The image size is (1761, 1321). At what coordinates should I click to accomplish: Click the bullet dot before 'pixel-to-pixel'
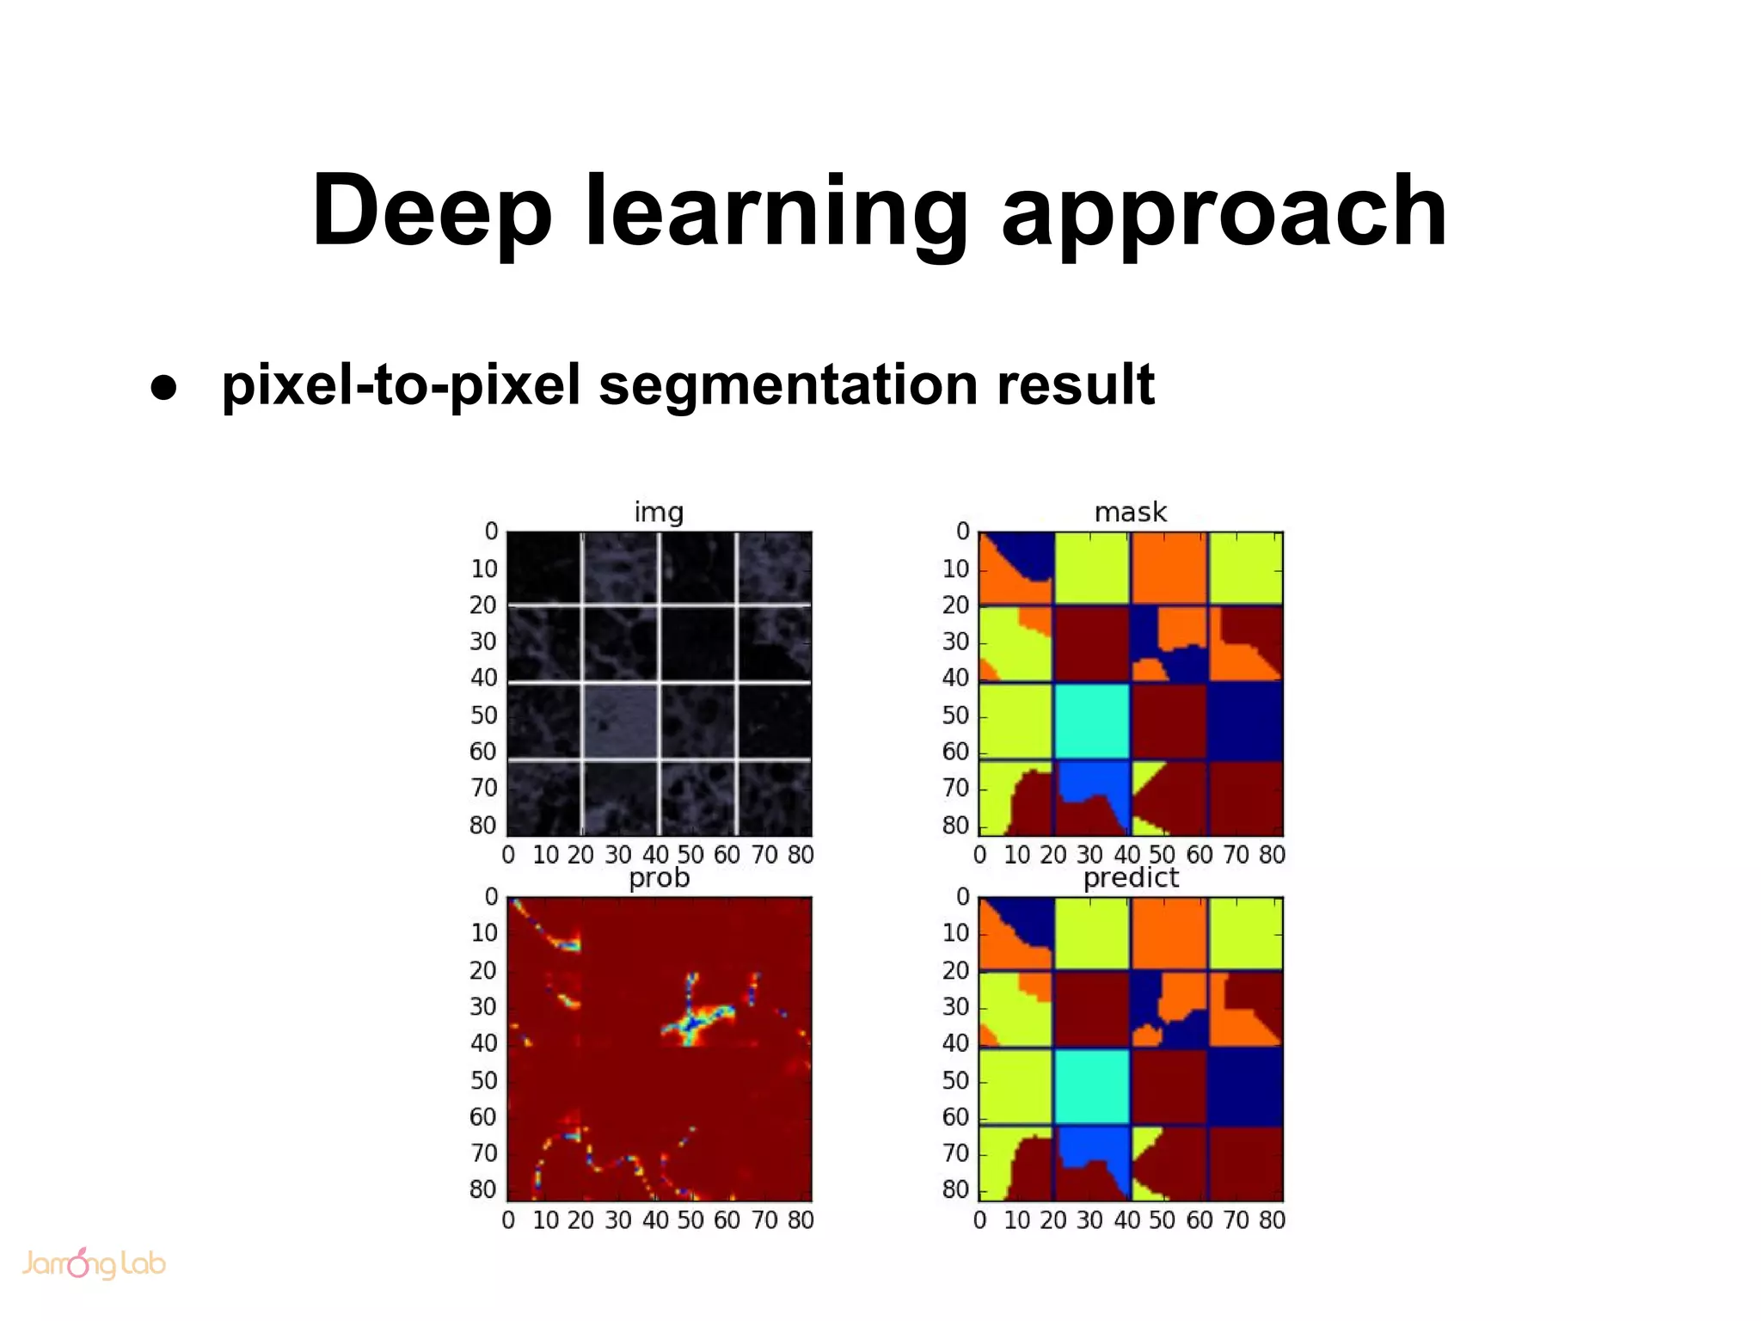[163, 387]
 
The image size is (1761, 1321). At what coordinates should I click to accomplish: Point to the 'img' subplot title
[659, 513]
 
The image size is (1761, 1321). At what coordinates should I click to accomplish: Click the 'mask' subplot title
[1130, 513]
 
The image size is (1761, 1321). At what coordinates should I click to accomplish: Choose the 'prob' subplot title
[659, 878]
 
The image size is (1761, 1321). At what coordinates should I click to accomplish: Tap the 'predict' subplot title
[1130, 878]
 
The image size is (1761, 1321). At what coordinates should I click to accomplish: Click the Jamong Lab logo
[93, 1263]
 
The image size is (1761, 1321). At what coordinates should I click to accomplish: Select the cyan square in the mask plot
[1092, 721]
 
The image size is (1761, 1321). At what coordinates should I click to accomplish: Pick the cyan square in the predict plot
[1092, 1085]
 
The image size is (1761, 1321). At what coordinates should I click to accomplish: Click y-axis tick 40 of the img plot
[484, 679]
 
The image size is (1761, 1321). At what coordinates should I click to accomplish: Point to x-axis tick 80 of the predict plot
[1272, 1220]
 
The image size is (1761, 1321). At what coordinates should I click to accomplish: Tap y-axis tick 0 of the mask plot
[963, 531]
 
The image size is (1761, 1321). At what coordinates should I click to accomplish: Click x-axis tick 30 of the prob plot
[617, 1220]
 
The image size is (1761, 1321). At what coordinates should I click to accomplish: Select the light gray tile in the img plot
[620, 721]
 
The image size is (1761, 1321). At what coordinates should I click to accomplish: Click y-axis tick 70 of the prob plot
[484, 1153]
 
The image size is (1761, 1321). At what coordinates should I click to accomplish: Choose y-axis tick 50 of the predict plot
[955, 1081]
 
